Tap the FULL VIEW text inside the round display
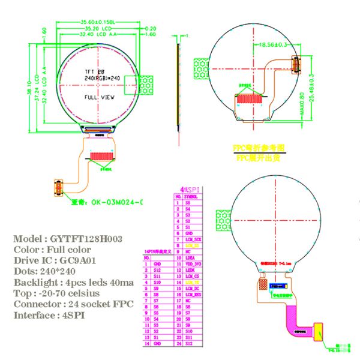[100, 97]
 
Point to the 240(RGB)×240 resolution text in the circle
[102, 78]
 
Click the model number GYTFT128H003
[87, 239]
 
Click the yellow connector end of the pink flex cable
[318, 331]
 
